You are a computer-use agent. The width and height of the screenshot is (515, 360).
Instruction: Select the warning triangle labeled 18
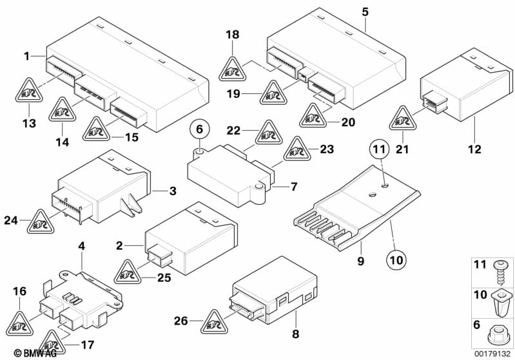click(x=233, y=67)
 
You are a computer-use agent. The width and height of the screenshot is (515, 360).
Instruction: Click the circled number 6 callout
click(x=199, y=129)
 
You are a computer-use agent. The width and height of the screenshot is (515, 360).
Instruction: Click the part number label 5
click(x=365, y=12)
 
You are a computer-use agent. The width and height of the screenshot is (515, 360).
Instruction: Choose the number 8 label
click(x=295, y=334)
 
